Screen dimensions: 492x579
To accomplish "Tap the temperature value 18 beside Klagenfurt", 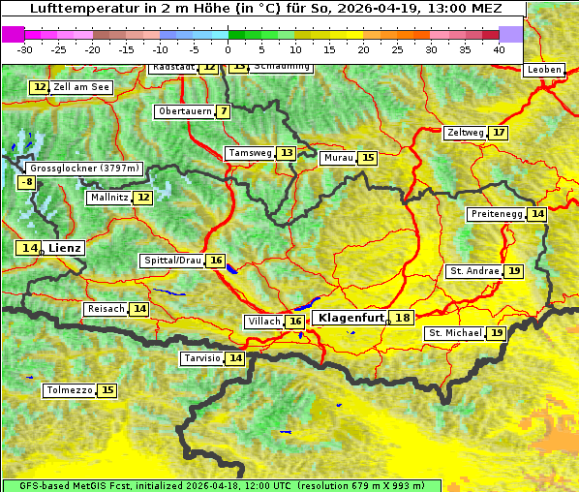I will coord(402,318).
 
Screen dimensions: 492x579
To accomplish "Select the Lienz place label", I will coord(65,248).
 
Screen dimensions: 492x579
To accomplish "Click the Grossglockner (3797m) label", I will coord(85,168).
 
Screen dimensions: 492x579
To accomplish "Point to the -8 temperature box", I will coord(28,182).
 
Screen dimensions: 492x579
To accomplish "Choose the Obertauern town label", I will coord(184,111).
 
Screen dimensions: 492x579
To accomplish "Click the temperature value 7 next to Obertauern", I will coord(224,111).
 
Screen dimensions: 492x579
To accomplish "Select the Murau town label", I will coord(337,158).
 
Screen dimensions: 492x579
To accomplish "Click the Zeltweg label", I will coord(465,133).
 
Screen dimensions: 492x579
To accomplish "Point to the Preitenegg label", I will coord(496,214).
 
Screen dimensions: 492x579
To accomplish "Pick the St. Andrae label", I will coord(474,271).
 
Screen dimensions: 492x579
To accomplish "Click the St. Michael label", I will coord(455,333).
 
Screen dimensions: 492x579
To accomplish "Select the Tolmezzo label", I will coord(69,391).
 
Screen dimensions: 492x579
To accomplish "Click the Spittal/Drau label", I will coord(172,261).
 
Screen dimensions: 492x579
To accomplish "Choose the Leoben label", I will coord(543,70).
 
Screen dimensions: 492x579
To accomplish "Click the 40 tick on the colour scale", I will coord(499,48).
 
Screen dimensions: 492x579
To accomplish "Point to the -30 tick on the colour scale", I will coord(26,48).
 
